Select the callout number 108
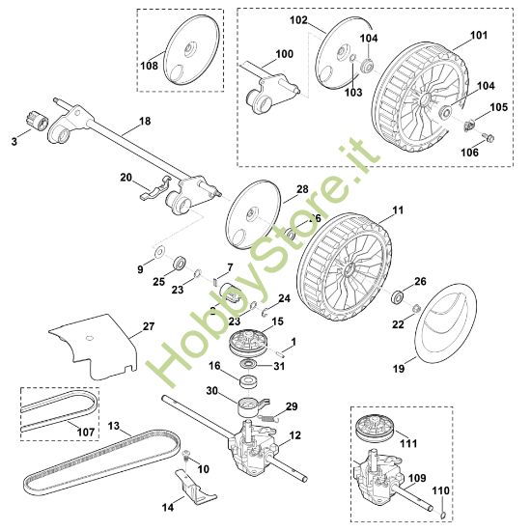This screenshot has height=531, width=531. point(149,67)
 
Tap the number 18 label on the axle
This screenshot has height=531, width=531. point(145,121)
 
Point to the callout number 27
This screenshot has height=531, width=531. point(148,326)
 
